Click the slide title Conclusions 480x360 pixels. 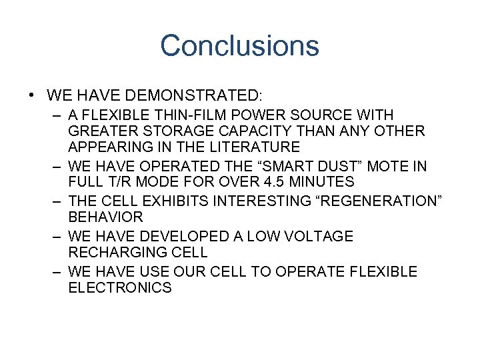[239, 46]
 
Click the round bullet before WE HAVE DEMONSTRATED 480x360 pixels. [32, 96]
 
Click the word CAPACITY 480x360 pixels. [260, 131]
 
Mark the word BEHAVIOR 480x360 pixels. [105, 217]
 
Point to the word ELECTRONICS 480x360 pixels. [120, 288]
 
